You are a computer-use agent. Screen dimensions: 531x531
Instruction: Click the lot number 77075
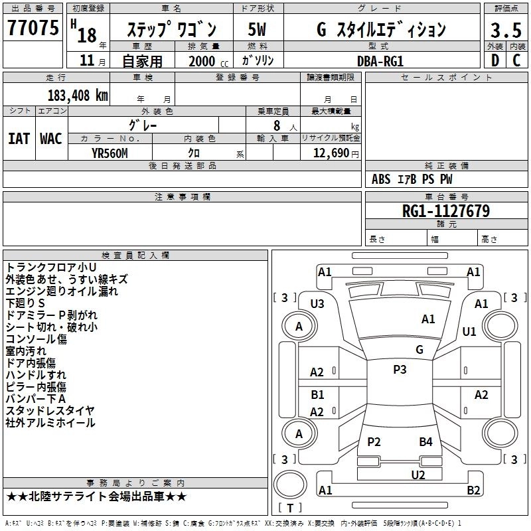tap(33, 28)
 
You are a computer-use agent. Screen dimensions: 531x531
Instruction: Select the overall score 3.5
tap(506, 30)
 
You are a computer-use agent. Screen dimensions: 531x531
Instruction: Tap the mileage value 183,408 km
tap(78, 95)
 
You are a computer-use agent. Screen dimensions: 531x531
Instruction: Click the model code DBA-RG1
tap(380, 60)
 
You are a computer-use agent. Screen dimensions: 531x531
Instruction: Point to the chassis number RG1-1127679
tap(446, 211)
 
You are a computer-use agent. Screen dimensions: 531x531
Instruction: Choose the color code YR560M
tap(110, 153)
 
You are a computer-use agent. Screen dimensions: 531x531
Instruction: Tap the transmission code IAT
tap(19, 139)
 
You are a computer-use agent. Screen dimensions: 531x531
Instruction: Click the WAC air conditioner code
tap(51, 139)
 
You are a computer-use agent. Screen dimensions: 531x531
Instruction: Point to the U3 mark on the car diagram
tap(317, 304)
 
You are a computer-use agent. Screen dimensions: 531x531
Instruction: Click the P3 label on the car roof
tap(400, 370)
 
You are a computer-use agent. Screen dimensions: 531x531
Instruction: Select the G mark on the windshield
tap(419, 349)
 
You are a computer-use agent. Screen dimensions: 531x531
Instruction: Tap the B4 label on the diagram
tap(425, 441)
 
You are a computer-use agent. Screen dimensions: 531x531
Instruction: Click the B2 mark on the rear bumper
tap(473, 490)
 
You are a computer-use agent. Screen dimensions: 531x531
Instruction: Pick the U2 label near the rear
tap(417, 474)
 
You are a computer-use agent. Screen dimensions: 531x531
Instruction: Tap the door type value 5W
tap(257, 30)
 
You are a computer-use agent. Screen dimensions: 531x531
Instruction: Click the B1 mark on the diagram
tap(317, 395)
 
